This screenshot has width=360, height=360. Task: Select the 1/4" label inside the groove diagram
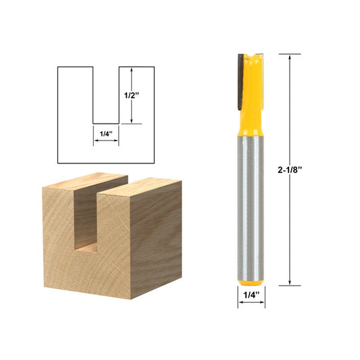pyautogui.click(x=105, y=134)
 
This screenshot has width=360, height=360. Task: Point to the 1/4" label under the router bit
pyautogui.click(x=251, y=294)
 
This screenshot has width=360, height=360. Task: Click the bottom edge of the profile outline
pyautogui.click(x=106, y=163)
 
